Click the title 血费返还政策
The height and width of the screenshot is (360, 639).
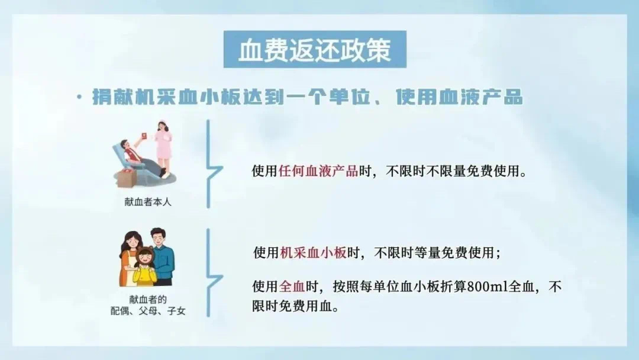(x=315, y=50)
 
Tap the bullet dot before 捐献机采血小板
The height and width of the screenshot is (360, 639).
(x=79, y=97)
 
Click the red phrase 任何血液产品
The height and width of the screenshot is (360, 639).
(x=318, y=171)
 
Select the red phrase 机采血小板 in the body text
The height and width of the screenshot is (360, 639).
(x=313, y=253)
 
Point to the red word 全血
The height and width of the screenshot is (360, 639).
(x=292, y=287)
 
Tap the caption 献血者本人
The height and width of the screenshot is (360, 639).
(x=148, y=202)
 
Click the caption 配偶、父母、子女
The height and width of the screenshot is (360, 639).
(x=148, y=311)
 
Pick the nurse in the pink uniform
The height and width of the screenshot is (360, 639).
(x=163, y=147)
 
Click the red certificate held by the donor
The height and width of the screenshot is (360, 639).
(x=143, y=137)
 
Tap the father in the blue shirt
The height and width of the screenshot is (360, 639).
(x=162, y=257)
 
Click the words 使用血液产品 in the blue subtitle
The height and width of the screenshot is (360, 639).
(x=459, y=98)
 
